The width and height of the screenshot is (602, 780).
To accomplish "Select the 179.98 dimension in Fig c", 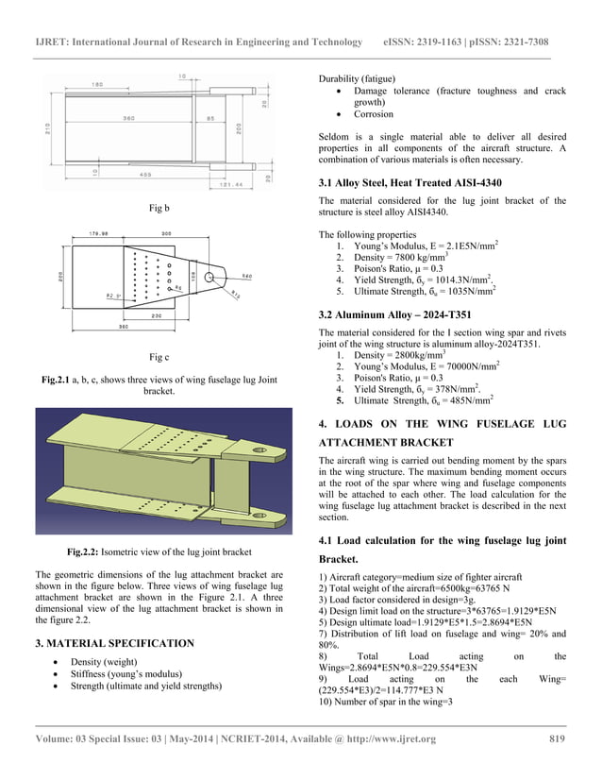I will pyautogui.click(x=99, y=232).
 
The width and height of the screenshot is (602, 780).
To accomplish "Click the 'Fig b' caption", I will pyautogui.click(x=159, y=207).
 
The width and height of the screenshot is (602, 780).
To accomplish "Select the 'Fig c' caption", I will pyautogui.click(x=159, y=358).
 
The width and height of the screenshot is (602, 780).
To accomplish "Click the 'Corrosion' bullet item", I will pyautogui.click(x=374, y=114).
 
